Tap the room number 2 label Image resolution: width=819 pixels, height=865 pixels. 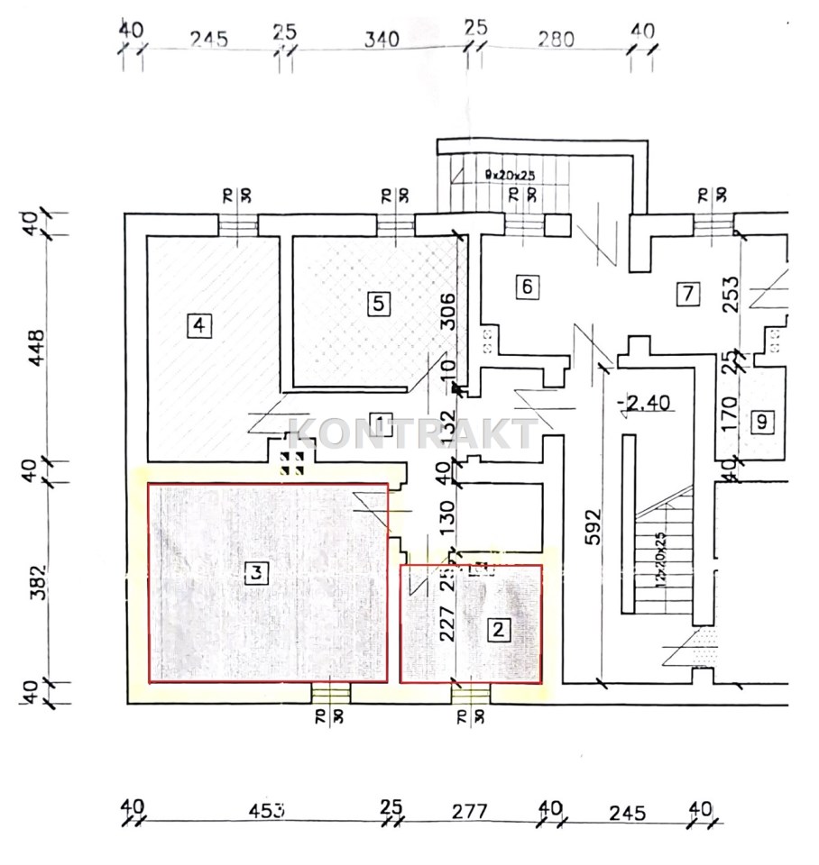497,630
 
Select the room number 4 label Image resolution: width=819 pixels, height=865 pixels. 198,324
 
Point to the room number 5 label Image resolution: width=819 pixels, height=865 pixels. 379,303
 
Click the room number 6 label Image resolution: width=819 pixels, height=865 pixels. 528,287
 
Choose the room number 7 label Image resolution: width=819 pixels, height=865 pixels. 688,292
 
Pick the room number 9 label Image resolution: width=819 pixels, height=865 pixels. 763,422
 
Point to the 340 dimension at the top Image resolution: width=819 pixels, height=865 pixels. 381,39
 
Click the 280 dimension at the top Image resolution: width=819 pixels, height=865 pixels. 557,39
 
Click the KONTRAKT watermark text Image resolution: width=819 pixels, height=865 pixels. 411,435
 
